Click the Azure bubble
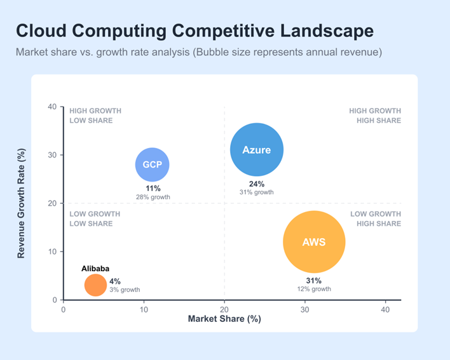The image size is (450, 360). pos(256,150)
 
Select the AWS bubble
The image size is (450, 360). pos(314,242)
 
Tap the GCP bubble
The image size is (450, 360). pos(153,164)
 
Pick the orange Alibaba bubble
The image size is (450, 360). pos(95,285)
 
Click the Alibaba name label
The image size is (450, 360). pos(95,269)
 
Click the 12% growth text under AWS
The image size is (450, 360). pos(314,289)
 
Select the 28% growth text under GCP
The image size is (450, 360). pos(153,197)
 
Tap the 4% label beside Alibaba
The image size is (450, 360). pos(115,281)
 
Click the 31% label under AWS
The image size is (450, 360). pos(314,281)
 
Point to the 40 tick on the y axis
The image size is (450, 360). pos(53,107)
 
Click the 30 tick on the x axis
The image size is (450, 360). pos(304,309)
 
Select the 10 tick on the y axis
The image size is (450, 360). pos(53,251)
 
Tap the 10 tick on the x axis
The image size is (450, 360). pos(144,309)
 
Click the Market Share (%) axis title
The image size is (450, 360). pos(224,319)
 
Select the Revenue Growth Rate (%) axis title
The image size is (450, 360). pos(21,203)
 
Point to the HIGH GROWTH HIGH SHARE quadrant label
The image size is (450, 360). pos(375,116)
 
